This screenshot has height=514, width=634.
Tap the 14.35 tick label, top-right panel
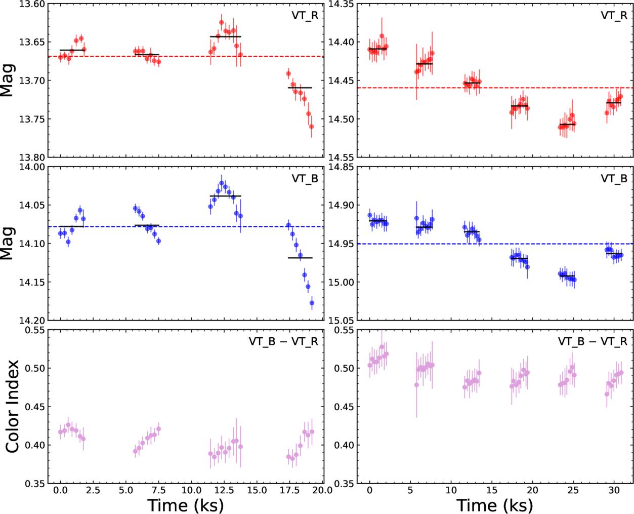click(341, 4)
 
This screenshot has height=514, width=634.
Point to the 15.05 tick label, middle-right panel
click(341, 321)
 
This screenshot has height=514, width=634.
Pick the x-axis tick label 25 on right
click(573, 490)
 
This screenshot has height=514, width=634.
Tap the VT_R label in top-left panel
click(305, 16)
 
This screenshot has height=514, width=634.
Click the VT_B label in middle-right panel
click(614, 179)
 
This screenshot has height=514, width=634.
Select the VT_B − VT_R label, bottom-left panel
click(283, 342)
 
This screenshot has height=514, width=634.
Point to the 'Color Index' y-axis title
click(13, 407)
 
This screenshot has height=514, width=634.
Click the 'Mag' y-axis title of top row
click(8, 81)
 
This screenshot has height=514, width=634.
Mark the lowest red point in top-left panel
click(311, 127)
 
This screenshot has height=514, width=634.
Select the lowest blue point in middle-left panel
click(312, 303)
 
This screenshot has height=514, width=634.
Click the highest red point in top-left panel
click(221, 22)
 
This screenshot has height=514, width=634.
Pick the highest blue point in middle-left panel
click(222, 183)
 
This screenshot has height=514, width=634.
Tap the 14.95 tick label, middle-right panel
click(341, 244)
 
